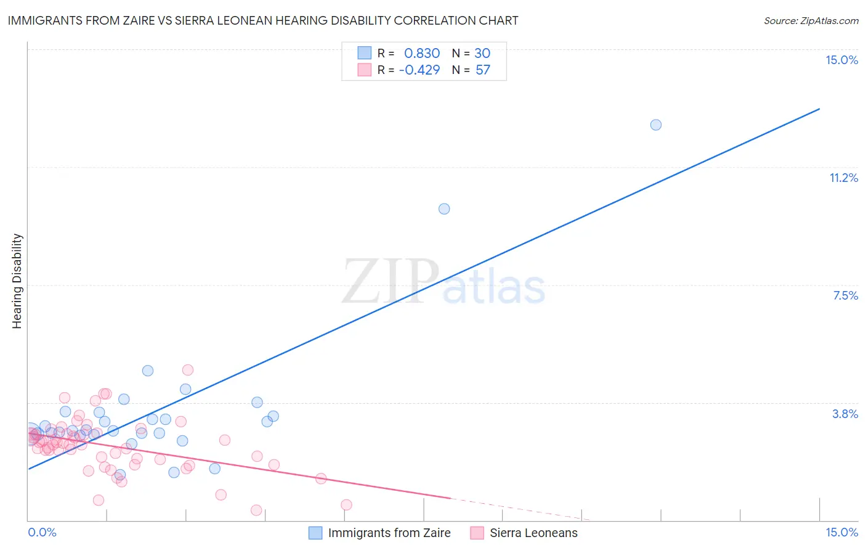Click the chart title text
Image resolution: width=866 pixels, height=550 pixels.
point(263,20)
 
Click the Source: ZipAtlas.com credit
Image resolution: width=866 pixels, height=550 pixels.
point(811,20)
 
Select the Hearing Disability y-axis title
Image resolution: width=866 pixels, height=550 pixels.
point(17,281)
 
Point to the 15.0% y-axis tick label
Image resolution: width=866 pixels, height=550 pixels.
point(841,60)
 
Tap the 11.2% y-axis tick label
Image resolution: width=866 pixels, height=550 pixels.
point(843,178)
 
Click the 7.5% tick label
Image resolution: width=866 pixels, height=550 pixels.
point(845,295)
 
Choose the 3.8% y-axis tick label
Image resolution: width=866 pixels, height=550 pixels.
point(845,414)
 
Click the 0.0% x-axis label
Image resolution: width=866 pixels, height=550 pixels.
point(42,532)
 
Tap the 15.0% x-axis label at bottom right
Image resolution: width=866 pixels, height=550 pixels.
point(841,532)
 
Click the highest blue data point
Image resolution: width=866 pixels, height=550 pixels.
point(656,125)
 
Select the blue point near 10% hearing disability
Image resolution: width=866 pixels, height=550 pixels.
point(444,209)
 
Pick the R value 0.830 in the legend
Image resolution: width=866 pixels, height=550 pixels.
point(422,53)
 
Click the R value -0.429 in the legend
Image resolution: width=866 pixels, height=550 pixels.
point(419,70)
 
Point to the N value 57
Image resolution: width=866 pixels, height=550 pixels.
point(483,70)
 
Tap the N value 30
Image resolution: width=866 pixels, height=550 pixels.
point(482,53)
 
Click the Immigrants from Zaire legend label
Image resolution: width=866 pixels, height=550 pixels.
point(389,533)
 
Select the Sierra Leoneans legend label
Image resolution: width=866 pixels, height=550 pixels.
point(533,533)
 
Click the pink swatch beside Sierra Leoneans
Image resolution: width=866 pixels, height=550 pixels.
point(477,533)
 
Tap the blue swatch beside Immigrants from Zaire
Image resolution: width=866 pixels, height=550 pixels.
point(315,533)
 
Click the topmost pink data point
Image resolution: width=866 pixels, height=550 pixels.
point(188,370)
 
